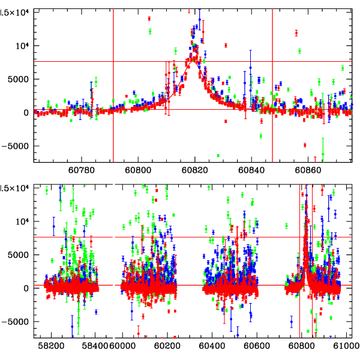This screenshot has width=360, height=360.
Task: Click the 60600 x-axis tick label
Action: click(x=259, y=346)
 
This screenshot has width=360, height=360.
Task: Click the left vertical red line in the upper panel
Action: click(x=113, y=84)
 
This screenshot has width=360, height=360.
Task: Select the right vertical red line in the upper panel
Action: click(x=272, y=84)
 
